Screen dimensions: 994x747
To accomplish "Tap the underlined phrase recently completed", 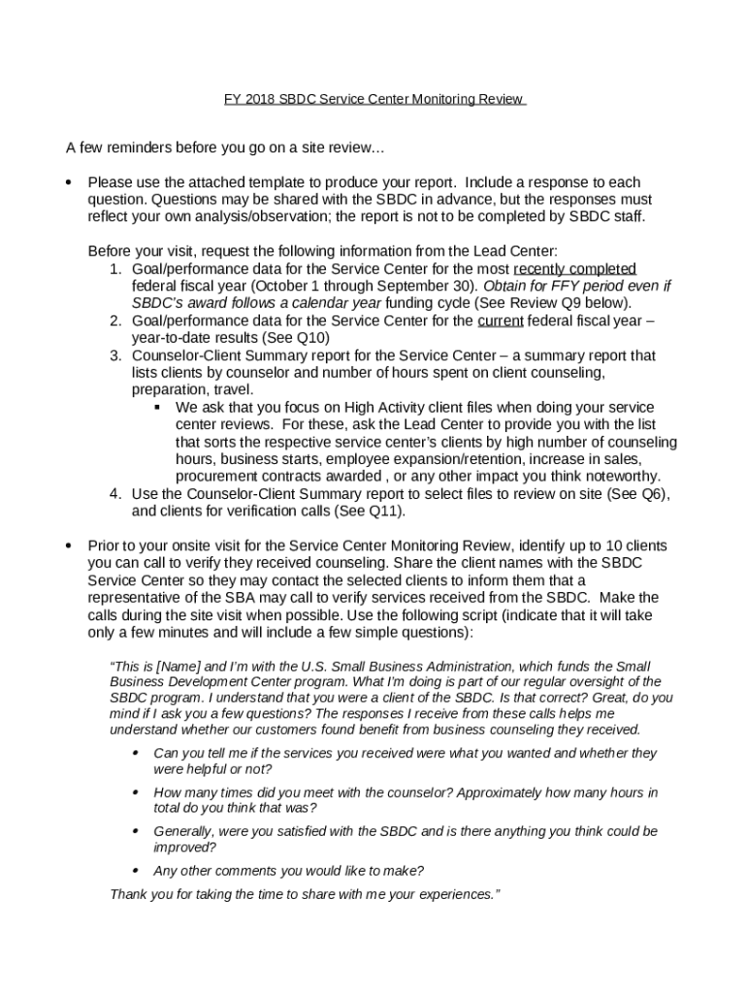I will [574, 268].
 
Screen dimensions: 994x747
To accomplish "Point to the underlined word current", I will [501, 320].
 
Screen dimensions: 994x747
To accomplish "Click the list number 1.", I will [114, 268].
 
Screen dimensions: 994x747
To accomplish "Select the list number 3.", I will [114, 355].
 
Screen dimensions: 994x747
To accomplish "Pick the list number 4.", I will [114, 493].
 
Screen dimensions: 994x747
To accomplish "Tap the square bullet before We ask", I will [156, 407].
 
